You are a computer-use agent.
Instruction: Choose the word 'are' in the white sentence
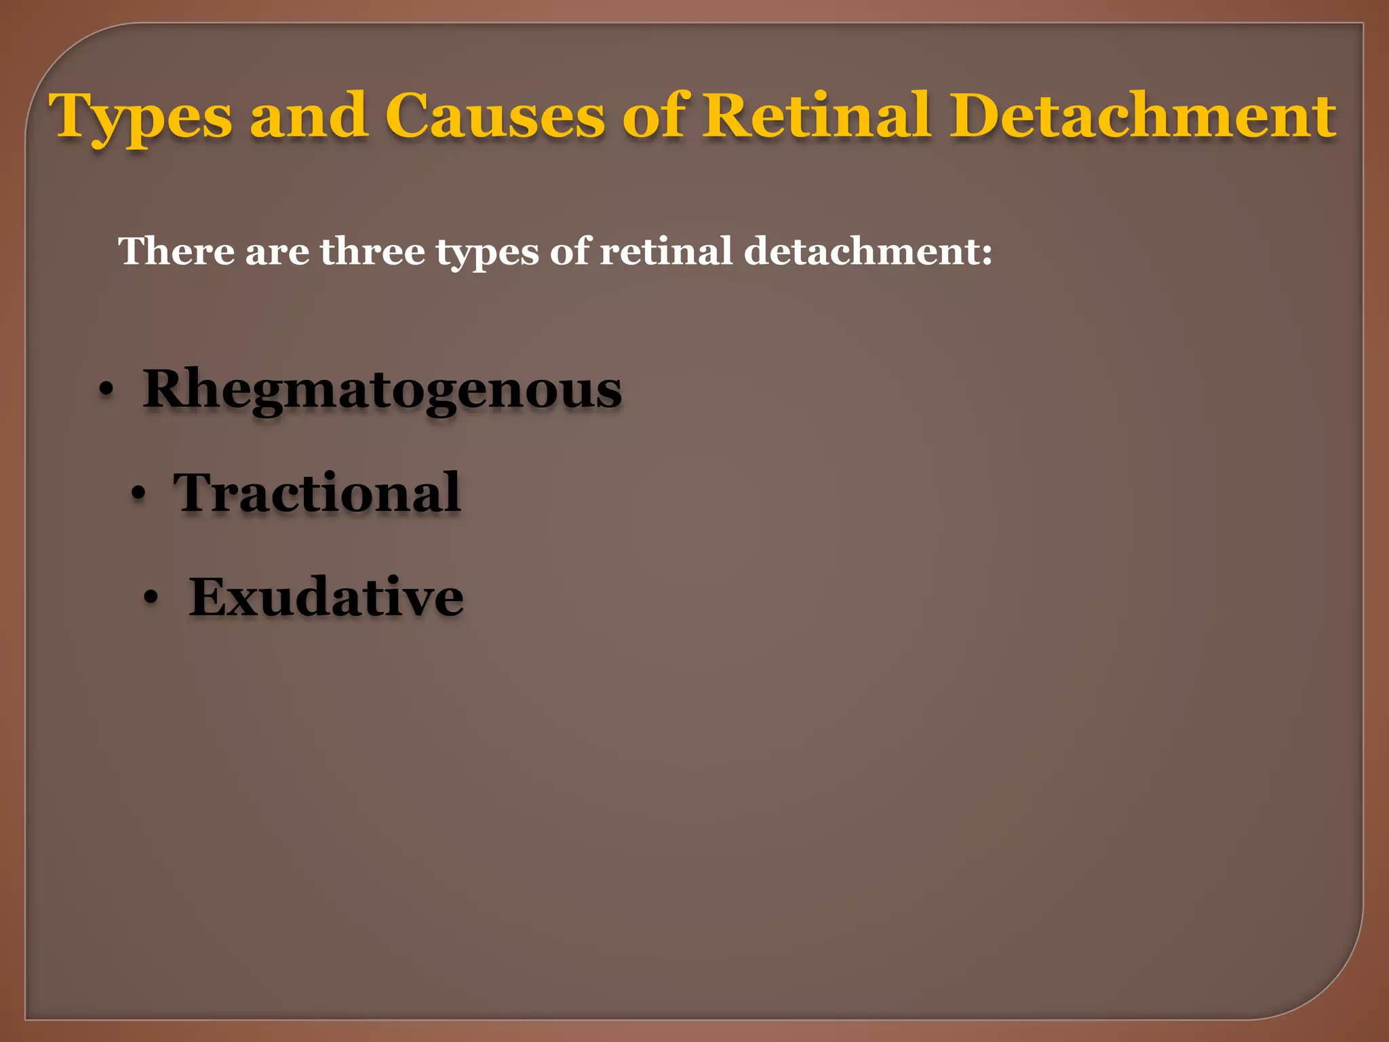pyautogui.click(x=277, y=252)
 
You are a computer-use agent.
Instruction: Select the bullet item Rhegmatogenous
pyautogui.click(x=382, y=389)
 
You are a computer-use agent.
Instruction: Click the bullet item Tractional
pyautogui.click(x=317, y=493)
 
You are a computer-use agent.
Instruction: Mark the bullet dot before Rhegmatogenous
pyautogui.click(x=106, y=391)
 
